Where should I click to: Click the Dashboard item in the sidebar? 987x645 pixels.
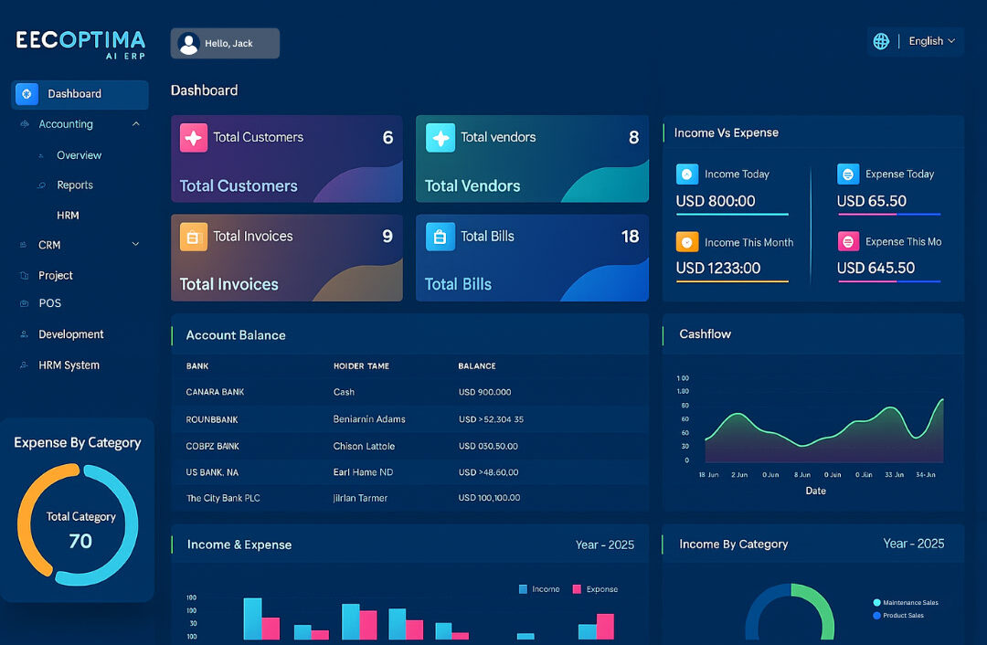[x=75, y=94]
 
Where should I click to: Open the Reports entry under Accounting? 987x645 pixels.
[x=75, y=185]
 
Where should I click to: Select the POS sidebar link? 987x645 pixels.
[x=50, y=303]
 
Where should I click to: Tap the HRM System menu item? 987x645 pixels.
[x=69, y=365]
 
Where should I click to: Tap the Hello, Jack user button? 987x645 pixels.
[x=225, y=44]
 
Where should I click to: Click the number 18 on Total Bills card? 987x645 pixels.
[x=630, y=237]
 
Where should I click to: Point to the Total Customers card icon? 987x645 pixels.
[x=194, y=138]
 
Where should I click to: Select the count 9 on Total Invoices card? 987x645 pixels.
[x=387, y=237]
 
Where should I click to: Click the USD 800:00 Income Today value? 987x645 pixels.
[x=716, y=202]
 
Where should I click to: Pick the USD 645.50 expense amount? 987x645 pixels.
[x=876, y=269]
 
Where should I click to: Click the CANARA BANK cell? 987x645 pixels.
[x=215, y=393]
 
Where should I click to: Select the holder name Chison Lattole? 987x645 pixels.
[x=364, y=447]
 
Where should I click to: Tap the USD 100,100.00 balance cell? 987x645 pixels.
[x=489, y=499]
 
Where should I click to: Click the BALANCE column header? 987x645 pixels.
[x=477, y=366]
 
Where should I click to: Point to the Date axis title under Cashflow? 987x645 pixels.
[x=815, y=492]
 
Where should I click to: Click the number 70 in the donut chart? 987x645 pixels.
[x=80, y=541]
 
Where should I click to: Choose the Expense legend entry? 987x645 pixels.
[x=596, y=589]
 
